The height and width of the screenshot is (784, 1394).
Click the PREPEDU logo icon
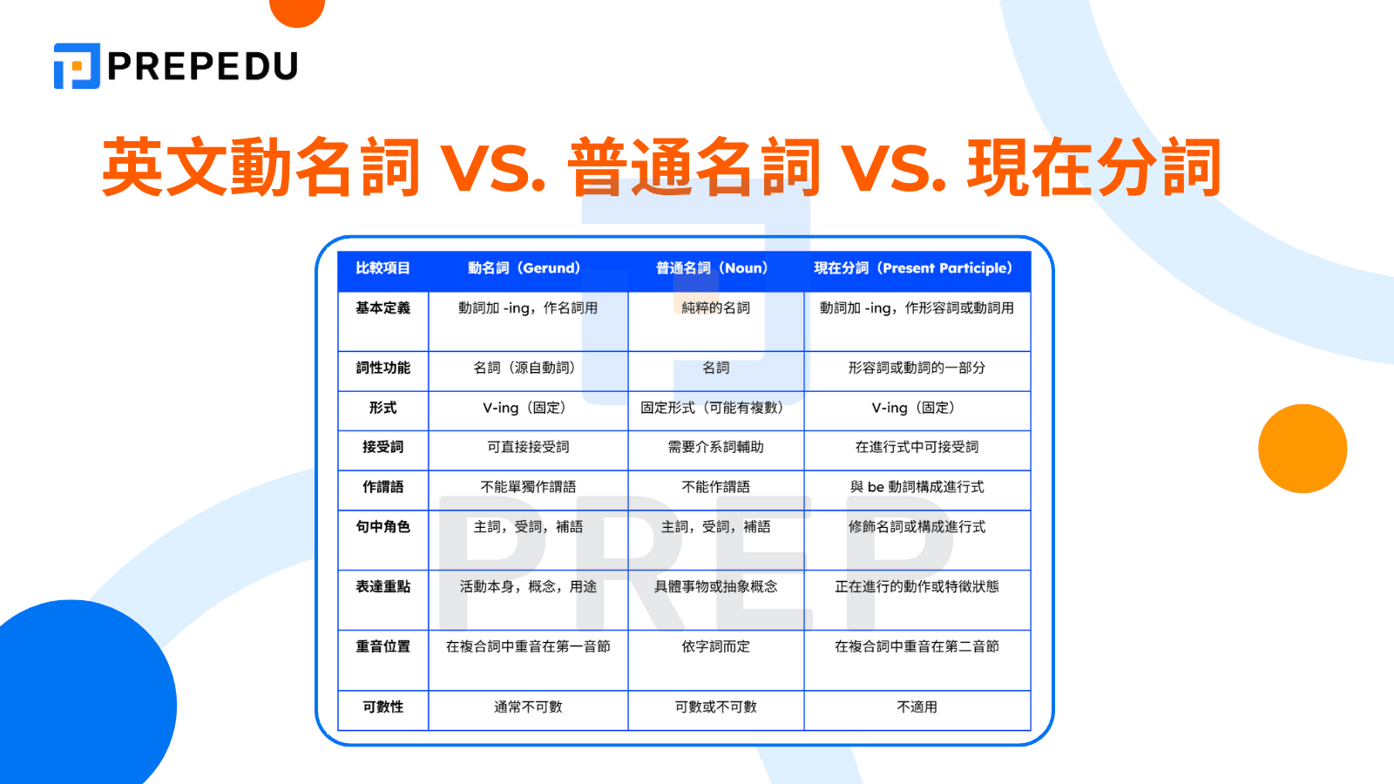tap(77, 66)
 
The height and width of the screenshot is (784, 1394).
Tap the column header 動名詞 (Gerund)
tap(524, 268)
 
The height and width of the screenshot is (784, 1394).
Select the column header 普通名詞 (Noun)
tap(712, 268)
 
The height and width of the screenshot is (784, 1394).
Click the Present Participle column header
tap(913, 268)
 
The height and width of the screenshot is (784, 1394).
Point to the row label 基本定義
tap(382, 308)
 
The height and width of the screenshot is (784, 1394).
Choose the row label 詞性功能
tap(382, 368)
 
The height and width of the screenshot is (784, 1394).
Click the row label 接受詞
tap(382, 447)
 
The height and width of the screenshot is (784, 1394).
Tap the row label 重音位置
tap(382, 646)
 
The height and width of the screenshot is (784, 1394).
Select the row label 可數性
tap(382, 706)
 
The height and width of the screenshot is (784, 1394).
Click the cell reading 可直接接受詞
tap(528, 447)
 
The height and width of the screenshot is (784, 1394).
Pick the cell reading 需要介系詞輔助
tap(715, 447)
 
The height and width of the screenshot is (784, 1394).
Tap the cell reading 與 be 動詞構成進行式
tap(917, 487)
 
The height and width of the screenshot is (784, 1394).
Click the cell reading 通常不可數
tap(528, 706)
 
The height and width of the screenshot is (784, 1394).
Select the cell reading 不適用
tap(917, 706)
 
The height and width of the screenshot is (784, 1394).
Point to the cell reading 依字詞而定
tap(715, 646)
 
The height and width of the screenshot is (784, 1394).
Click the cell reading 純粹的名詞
tap(715, 308)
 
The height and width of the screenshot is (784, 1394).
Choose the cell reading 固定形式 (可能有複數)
tap(712, 408)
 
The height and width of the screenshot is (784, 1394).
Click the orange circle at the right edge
tap(1303, 449)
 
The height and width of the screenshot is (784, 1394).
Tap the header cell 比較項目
tap(382, 268)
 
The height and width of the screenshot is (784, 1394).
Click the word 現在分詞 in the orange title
tap(1094, 167)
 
